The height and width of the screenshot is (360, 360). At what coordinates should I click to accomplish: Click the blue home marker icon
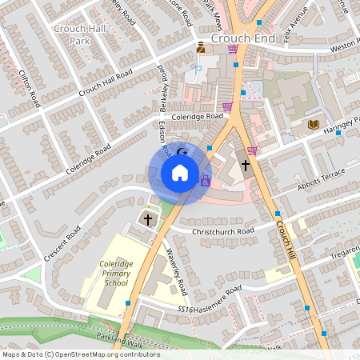pyautogui.click(x=180, y=173)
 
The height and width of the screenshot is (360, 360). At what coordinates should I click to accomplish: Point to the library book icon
pyautogui.click(x=314, y=124)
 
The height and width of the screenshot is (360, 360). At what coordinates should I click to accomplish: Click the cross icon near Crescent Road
pyautogui.click(x=147, y=218)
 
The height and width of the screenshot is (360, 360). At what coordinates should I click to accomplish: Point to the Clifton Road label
pyautogui.click(x=29, y=87)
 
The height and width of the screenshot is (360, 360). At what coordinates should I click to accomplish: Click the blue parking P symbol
pyautogui.click(x=199, y=70)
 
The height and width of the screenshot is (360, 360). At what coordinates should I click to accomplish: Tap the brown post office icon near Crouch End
pyautogui.click(x=200, y=49)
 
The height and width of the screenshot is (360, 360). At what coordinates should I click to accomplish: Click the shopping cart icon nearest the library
pyautogui.click(x=253, y=150)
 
